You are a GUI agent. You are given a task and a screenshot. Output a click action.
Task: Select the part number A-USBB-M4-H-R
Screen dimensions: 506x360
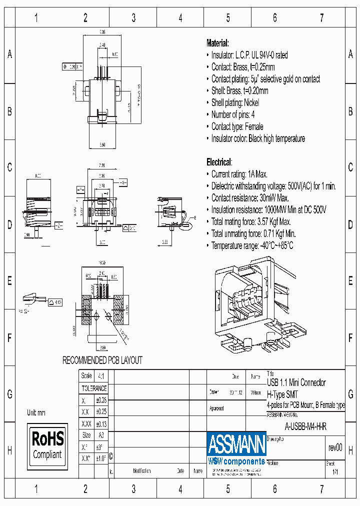pyautogui.click(x=305, y=427)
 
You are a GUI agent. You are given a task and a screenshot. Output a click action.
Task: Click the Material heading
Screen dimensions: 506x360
pyautogui.click(x=217, y=43)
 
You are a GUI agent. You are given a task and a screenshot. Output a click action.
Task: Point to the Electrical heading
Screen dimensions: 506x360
pyautogui.click(x=219, y=162)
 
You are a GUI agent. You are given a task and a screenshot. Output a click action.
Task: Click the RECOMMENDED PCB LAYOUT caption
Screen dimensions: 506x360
pyautogui.click(x=102, y=360)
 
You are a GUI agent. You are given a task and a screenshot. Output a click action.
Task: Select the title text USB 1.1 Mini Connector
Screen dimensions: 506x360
pyautogui.click(x=296, y=382)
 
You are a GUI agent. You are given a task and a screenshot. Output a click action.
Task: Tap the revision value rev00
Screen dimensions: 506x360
pyautogui.click(x=335, y=447)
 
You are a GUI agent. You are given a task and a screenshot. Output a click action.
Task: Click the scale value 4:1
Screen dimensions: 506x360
pyautogui.click(x=101, y=375)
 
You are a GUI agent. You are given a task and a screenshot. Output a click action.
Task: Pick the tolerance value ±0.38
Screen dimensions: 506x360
pyautogui.click(x=101, y=399)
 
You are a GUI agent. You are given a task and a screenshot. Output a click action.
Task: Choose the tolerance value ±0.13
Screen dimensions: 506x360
pyautogui.click(x=101, y=423)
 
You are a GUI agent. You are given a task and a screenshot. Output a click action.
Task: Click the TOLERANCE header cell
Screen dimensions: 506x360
pyautogui.click(x=94, y=388)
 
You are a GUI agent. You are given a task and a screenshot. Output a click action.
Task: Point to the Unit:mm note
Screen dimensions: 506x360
pyautogui.click(x=36, y=412)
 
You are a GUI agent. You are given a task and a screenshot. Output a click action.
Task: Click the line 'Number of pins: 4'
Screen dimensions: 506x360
pyautogui.click(x=232, y=114)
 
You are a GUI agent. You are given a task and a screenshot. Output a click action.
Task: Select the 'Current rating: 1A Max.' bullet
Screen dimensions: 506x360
pyautogui.click(x=239, y=174)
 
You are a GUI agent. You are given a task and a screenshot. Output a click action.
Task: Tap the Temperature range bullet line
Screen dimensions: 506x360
pyautogui.click(x=252, y=245)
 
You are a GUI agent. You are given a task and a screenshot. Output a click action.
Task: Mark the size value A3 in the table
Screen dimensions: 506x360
pyautogui.click(x=101, y=435)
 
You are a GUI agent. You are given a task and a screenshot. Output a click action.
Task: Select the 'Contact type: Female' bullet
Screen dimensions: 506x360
pyautogui.click(x=237, y=126)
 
